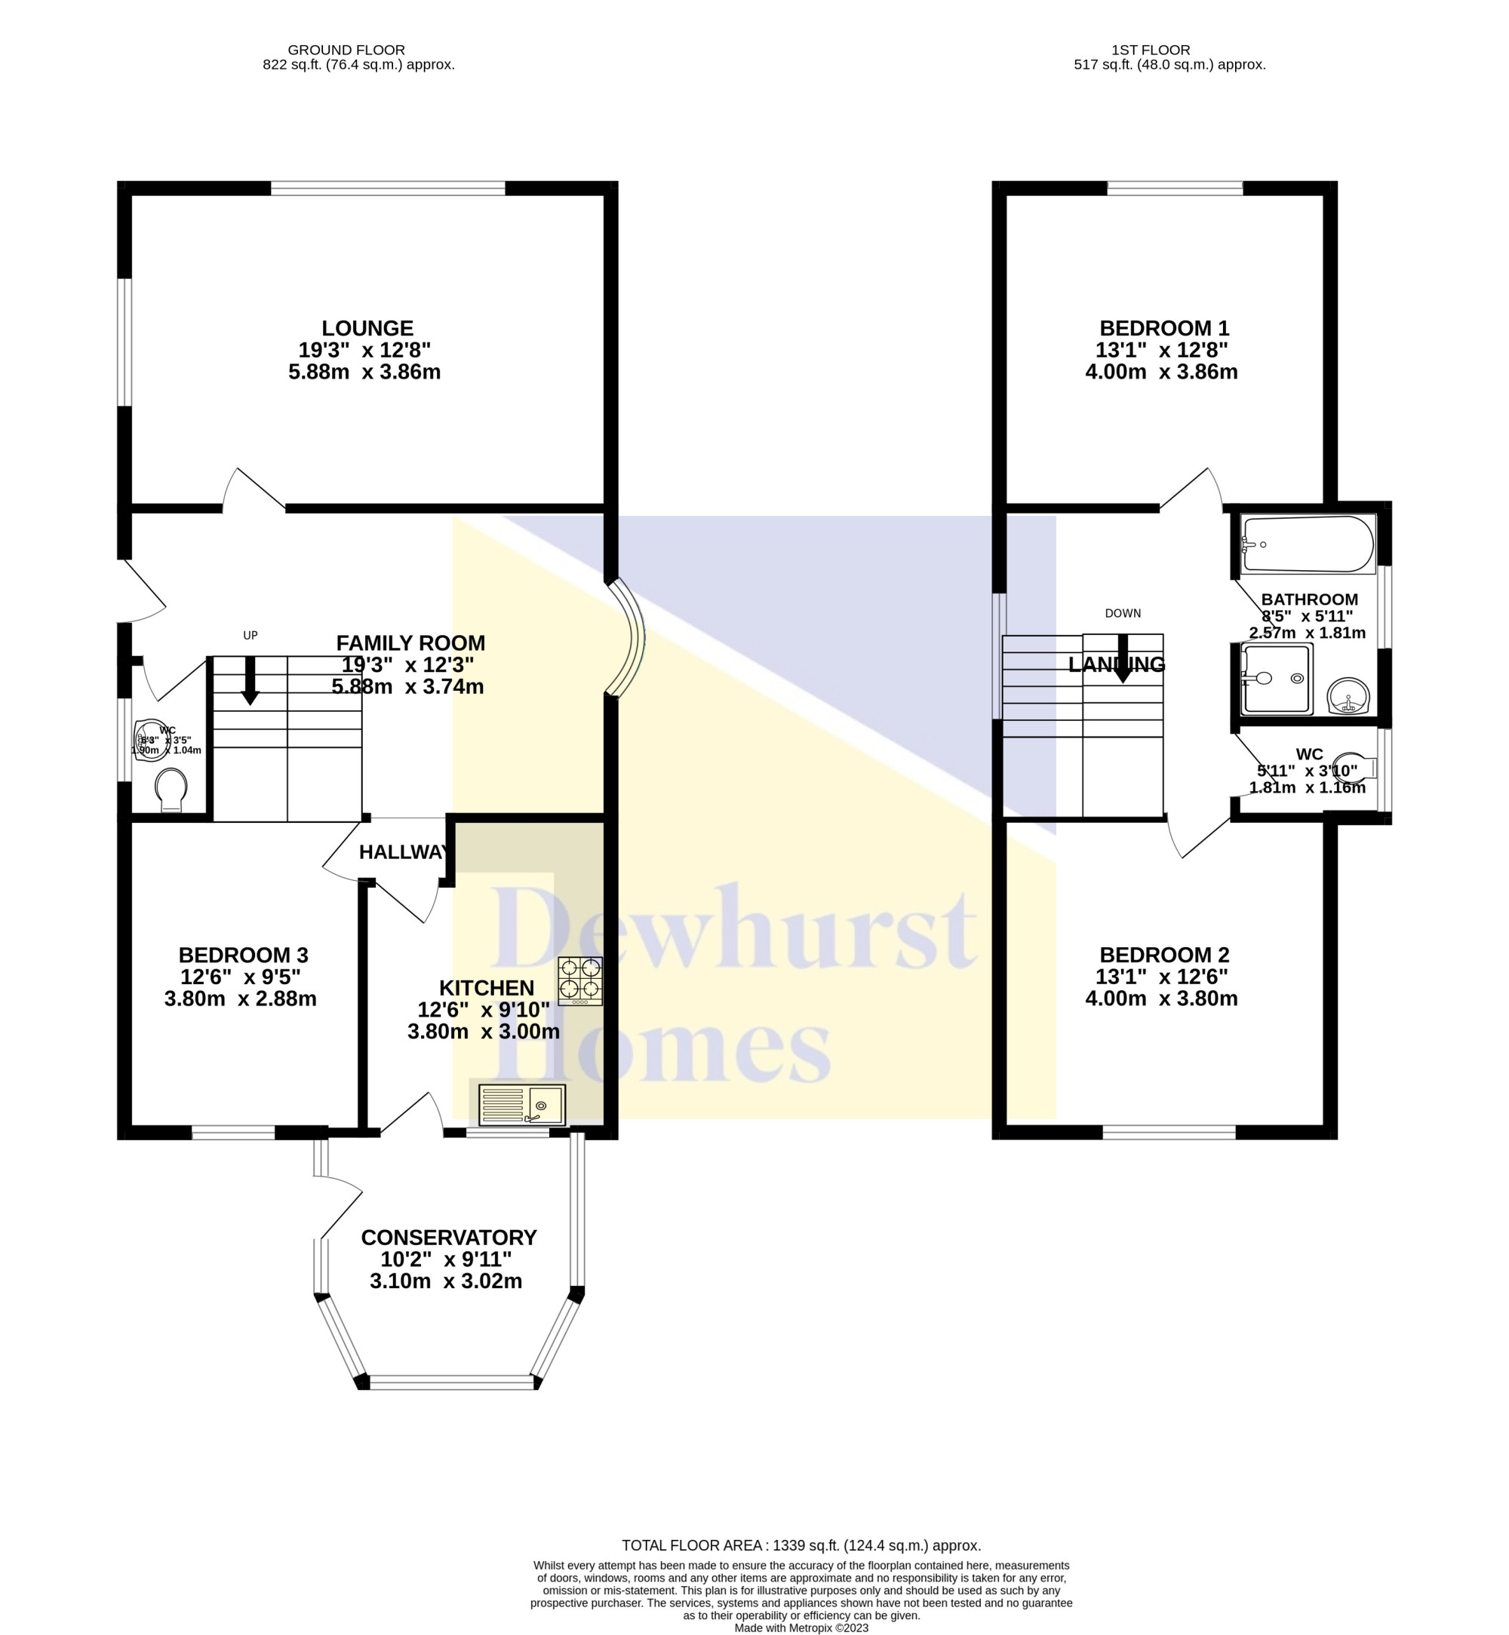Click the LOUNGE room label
[x=367, y=328]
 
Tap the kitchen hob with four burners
[x=579, y=980]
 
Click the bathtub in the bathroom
[x=1308, y=544]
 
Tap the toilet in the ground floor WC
[x=171, y=789]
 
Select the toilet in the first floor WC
[x=1357, y=767]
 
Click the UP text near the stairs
[x=250, y=635]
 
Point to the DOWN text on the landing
[x=1122, y=613]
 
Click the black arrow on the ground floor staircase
[x=250, y=680]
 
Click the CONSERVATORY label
[x=448, y=1238]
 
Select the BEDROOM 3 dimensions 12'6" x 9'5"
[x=241, y=977]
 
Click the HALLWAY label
[x=404, y=852]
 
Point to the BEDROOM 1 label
[x=1163, y=328]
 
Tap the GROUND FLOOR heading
[x=346, y=50]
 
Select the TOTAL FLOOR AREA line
[x=801, y=1545]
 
